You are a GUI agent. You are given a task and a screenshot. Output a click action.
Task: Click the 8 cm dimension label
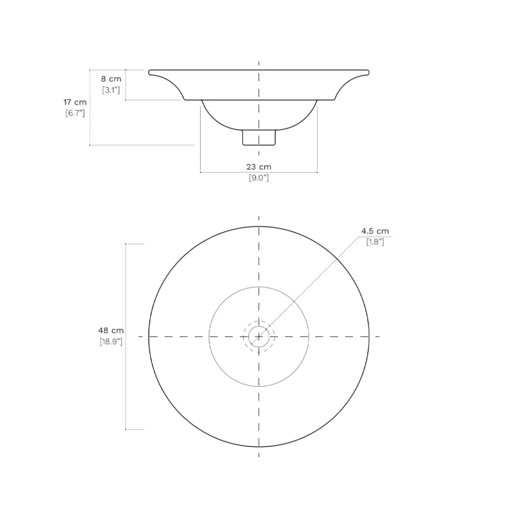tap(111, 79)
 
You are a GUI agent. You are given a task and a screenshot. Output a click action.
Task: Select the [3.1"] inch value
tap(111, 90)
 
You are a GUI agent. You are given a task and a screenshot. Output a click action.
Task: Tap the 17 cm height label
tap(75, 102)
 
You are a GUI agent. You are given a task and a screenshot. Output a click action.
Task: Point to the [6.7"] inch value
tap(75, 113)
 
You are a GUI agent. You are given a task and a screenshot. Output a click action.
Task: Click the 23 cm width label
tap(259, 167)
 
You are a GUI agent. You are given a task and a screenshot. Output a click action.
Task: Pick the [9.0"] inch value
tap(259, 178)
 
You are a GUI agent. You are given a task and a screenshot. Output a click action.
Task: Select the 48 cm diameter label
tap(111, 330)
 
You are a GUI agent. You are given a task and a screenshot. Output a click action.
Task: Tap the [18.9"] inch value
tap(111, 342)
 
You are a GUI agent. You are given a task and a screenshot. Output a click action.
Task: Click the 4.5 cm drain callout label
tap(375, 231)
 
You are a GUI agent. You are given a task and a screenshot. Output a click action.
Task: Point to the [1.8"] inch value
tap(375, 242)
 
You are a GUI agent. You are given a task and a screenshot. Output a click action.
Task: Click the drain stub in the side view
tap(259, 137)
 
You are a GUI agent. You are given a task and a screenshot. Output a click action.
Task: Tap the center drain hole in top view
tap(259, 336)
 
